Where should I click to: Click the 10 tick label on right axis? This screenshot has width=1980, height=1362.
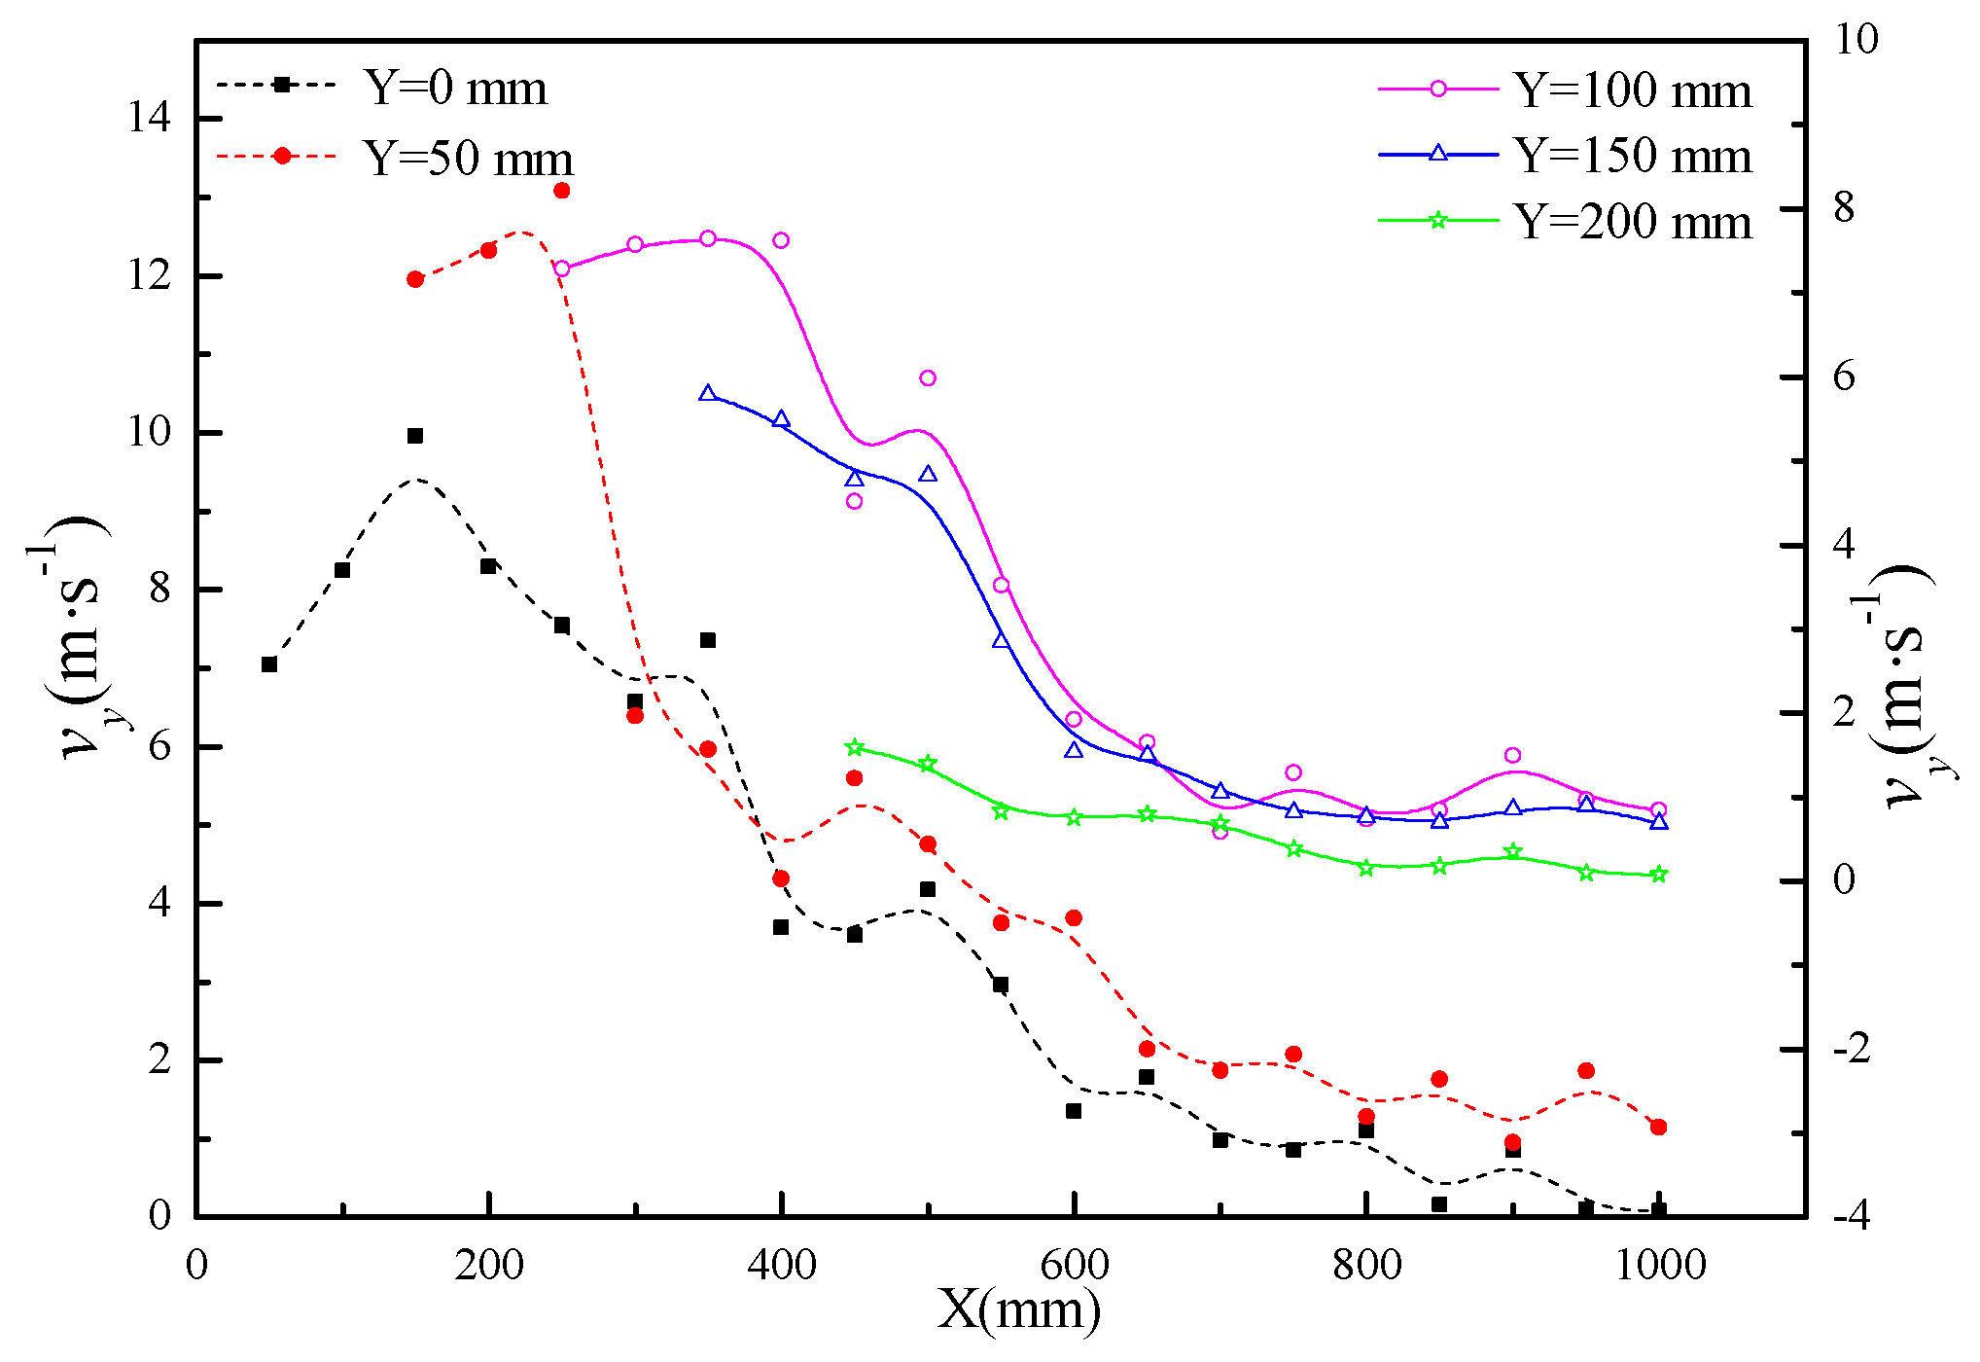(x=1855, y=40)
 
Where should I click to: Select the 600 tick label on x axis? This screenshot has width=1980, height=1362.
(x=1074, y=1265)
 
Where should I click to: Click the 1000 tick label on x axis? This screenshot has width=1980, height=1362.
(x=1659, y=1265)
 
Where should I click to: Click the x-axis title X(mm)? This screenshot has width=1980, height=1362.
(x=1018, y=1310)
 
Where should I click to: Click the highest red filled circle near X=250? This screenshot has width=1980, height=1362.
(x=562, y=191)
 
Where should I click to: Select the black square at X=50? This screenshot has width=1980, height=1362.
(x=269, y=664)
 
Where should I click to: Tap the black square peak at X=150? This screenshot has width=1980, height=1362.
(x=415, y=436)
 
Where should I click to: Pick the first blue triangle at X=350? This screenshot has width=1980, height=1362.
(x=708, y=394)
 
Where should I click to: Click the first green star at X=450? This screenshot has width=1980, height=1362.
(x=855, y=748)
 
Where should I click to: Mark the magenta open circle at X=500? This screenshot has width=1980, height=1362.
(x=928, y=378)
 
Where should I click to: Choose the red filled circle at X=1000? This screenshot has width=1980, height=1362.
(x=1659, y=1128)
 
